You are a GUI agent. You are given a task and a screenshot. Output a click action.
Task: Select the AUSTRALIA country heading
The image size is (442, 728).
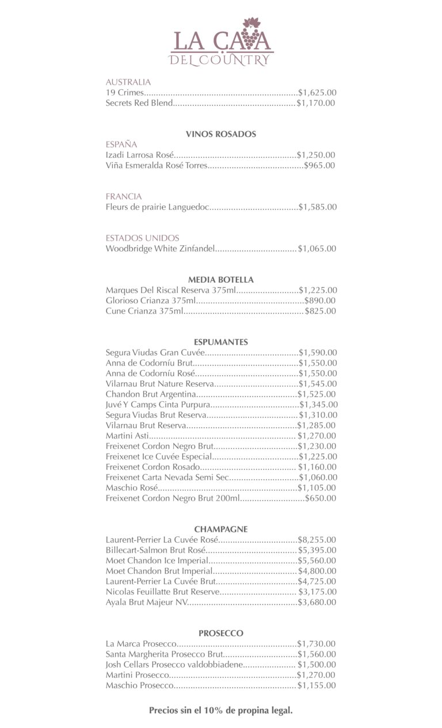(x=128, y=82)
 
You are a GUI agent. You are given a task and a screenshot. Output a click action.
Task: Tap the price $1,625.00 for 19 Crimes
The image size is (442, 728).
(x=317, y=93)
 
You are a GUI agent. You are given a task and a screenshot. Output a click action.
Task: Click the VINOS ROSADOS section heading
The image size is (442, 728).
(x=221, y=134)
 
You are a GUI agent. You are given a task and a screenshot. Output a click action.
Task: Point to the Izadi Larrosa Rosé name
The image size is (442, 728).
(x=140, y=155)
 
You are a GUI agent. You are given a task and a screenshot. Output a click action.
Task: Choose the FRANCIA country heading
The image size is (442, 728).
(x=124, y=196)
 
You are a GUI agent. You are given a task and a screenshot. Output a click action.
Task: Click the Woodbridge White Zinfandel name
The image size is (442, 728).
(x=160, y=249)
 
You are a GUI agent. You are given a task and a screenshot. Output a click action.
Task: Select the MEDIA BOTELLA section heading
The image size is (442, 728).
(x=221, y=280)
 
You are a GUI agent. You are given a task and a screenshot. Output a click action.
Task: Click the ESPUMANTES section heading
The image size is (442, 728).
(x=221, y=342)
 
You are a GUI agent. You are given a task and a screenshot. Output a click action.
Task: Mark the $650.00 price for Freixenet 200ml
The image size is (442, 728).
(x=321, y=498)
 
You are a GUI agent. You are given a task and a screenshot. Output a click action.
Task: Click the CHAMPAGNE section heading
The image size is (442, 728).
(x=221, y=529)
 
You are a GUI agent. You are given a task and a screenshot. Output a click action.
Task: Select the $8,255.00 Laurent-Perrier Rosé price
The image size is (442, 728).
(x=317, y=540)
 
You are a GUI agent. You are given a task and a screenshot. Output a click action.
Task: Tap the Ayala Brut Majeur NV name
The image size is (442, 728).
(x=147, y=602)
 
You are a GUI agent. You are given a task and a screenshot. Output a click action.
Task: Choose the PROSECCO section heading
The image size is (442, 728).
(x=221, y=633)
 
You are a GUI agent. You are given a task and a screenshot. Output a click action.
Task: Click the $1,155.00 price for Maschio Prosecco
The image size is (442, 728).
(x=317, y=685)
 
